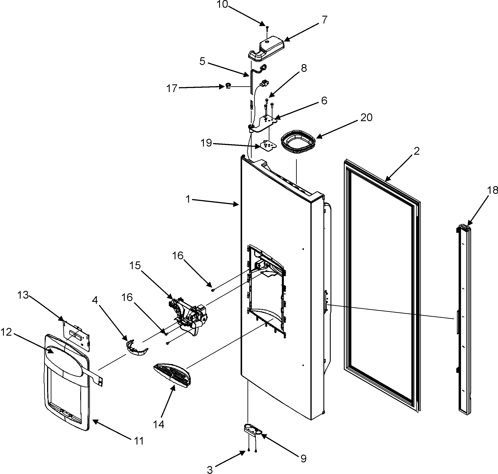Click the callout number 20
[366, 117]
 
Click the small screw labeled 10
[267, 28]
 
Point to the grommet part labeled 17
[228, 86]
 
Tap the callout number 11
[139, 441]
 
